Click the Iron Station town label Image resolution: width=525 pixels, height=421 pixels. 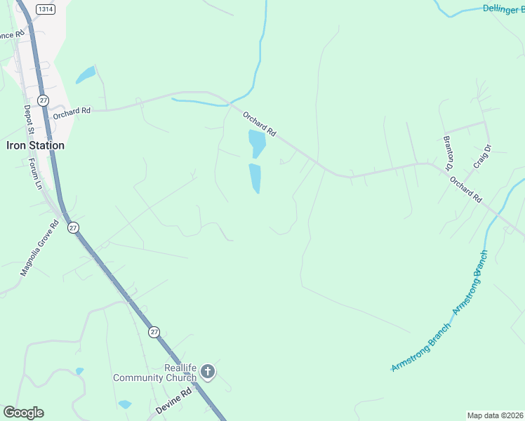(x=35, y=146)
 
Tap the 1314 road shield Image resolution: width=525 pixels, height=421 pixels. (x=46, y=8)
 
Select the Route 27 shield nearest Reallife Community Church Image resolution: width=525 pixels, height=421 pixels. (x=154, y=330)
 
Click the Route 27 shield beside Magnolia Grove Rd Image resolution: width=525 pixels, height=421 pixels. (x=73, y=227)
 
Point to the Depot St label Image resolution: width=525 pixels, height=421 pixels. (x=29, y=121)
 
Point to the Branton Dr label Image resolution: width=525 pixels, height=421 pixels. (x=448, y=153)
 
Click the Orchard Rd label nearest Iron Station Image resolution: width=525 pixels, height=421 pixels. (x=72, y=111)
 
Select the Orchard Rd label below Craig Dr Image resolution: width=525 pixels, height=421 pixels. (x=467, y=189)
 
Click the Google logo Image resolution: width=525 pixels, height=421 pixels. (x=23, y=413)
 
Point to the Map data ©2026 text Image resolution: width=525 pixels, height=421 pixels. (x=495, y=415)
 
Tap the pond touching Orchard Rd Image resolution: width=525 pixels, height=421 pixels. (x=258, y=143)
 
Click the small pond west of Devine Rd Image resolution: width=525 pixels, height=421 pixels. (x=125, y=404)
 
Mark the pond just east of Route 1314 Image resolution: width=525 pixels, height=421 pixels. (x=86, y=74)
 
